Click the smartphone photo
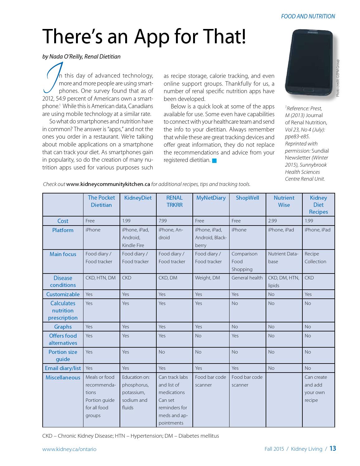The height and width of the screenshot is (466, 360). (309, 63)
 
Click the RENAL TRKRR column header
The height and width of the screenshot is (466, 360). (174, 201)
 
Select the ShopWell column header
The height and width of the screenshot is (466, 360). (247, 198)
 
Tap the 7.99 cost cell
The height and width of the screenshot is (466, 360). (163, 221)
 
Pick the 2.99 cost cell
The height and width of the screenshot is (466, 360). (272, 221)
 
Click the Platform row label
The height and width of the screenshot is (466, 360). (63, 230)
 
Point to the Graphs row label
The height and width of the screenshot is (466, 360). (63, 327)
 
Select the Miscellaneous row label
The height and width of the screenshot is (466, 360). (63, 378)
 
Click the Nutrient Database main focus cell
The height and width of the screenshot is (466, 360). (283, 258)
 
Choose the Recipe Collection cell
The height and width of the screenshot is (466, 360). (315, 258)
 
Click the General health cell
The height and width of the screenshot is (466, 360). (247, 278)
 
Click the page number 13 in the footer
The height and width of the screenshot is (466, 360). (333, 449)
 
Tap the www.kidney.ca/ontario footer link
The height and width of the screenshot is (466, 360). (69, 449)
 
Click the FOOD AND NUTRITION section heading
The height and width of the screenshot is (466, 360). (308, 17)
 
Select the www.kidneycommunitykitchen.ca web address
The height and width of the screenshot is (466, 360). (108, 184)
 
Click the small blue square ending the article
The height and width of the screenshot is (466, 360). (214, 161)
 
